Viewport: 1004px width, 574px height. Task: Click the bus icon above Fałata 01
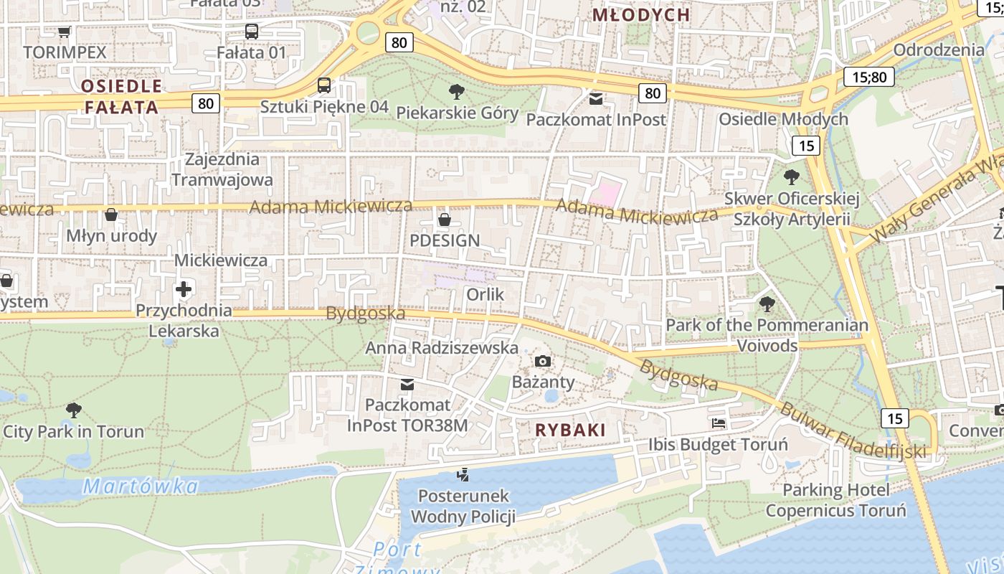click(251, 32)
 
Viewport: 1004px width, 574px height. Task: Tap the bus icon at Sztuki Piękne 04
click(324, 86)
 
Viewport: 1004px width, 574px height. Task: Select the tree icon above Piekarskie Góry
click(456, 92)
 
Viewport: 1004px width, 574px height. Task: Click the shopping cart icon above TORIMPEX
click(64, 32)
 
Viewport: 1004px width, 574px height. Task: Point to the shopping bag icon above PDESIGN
click(445, 219)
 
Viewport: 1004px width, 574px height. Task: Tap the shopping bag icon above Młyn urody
click(111, 215)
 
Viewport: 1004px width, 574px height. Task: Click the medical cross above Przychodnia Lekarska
click(184, 290)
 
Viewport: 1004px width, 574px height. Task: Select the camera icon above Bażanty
click(543, 361)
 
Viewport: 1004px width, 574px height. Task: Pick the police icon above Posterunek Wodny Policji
click(463, 474)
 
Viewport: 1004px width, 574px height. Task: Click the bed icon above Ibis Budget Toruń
click(719, 423)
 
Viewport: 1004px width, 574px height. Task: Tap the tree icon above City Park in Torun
click(73, 410)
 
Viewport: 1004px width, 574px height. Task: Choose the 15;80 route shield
click(868, 77)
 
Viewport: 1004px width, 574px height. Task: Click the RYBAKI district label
click(570, 430)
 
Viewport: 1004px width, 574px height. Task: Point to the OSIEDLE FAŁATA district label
click(120, 97)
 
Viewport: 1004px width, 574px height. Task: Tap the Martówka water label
click(140, 486)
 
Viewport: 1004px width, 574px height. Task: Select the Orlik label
click(486, 294)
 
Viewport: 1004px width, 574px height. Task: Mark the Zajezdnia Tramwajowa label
click(222, 169)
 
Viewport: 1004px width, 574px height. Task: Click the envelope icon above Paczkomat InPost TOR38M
click(407, 385)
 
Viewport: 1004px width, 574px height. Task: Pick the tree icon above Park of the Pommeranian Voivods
click(767, 304)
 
